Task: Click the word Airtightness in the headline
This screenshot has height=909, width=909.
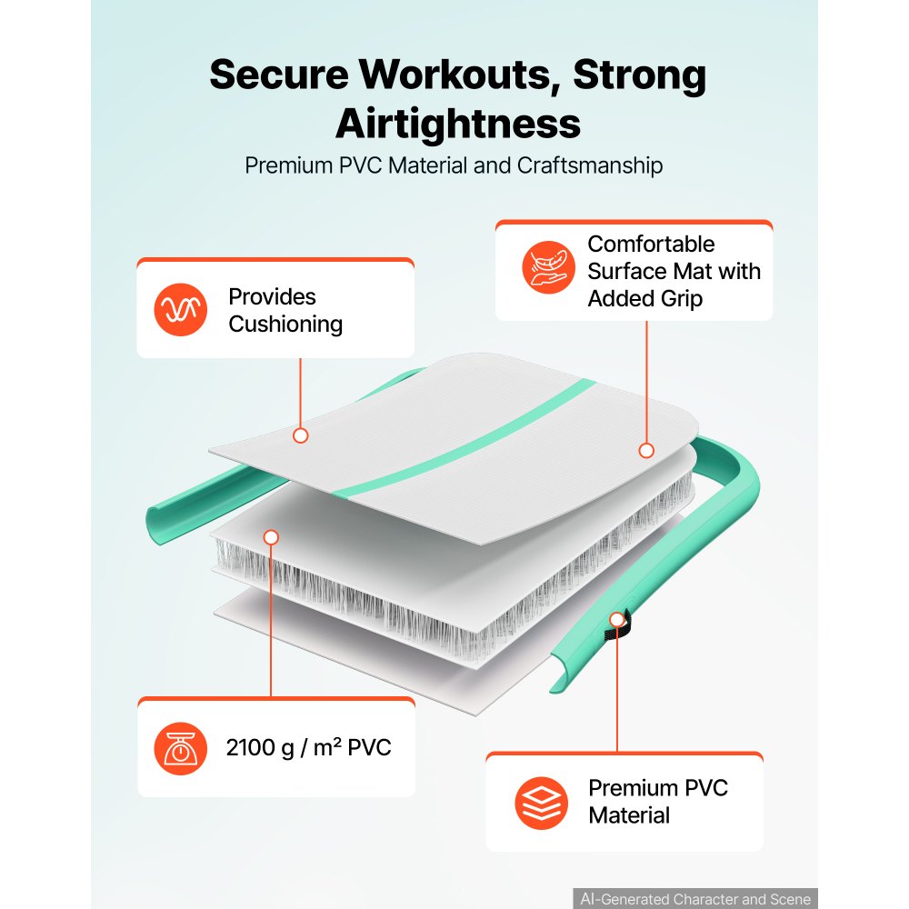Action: click(457, 124)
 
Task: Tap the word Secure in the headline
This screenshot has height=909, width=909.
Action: click(279, 75)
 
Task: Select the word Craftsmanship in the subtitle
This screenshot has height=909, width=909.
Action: click(590, 165)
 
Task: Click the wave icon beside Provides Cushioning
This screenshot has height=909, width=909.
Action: click(180, 310)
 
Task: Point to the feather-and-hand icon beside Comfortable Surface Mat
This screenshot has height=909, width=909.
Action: click(548, 267)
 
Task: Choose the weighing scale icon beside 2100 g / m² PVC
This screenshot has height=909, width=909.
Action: click(180, 748)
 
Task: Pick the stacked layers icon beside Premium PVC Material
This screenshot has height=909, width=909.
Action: click(542, 803)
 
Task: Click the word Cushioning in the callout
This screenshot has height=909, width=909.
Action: click(285, 325)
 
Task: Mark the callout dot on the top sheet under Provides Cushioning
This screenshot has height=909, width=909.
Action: click(300, 435)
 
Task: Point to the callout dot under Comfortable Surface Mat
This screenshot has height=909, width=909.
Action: click(646, 451)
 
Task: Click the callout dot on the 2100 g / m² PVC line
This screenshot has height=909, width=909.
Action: click(271, 537)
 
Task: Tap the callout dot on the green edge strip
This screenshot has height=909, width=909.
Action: click(617, 620)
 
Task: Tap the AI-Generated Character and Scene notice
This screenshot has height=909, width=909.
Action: click(695, 899)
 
